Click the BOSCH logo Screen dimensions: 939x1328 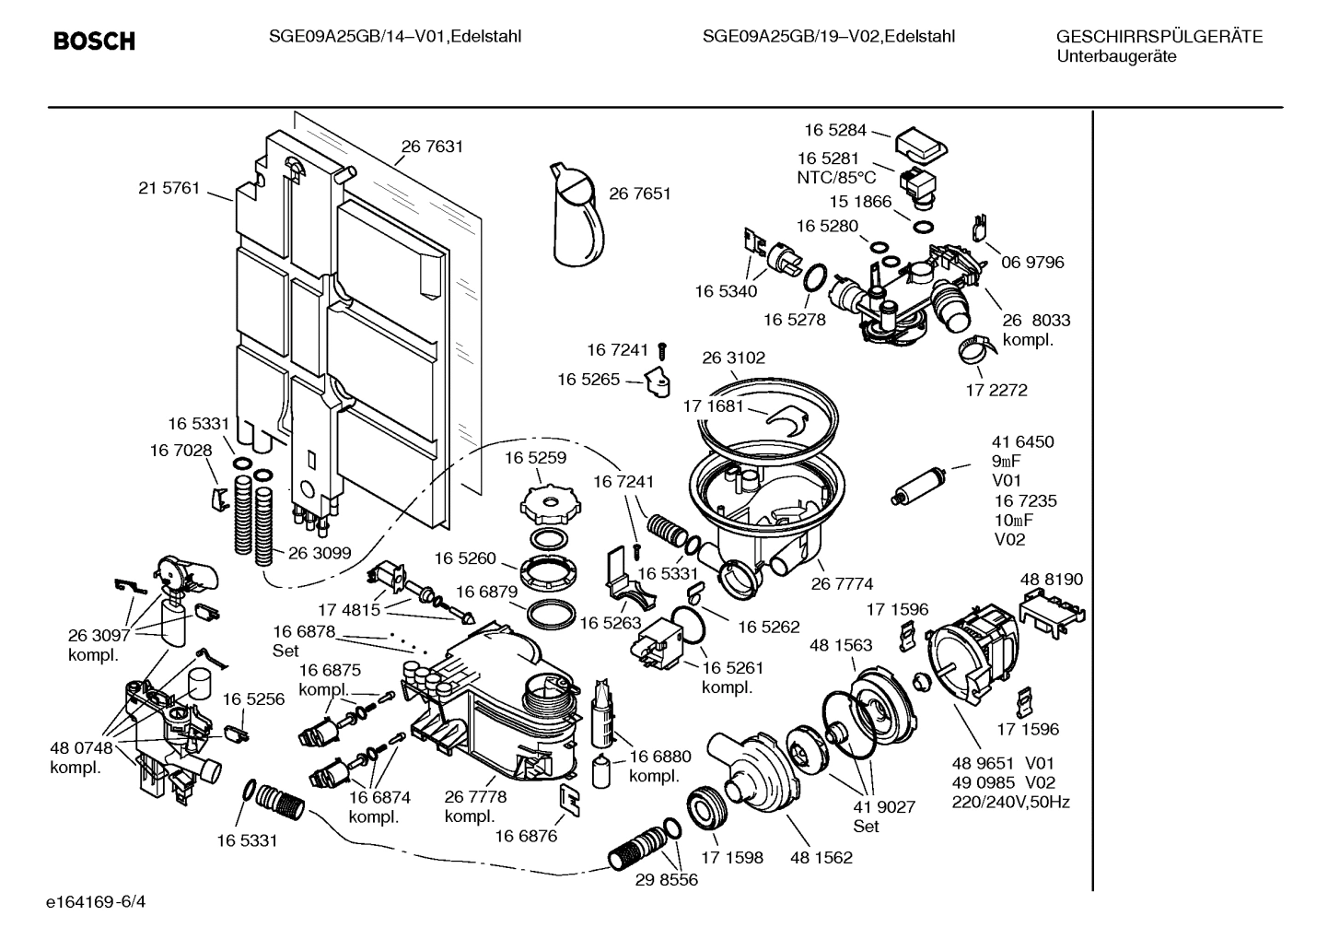tap(94, 41)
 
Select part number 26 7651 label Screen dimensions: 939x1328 tap(640, 194)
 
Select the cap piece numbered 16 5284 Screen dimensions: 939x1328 tap(922, 143)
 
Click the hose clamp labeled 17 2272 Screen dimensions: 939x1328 tap(975, 348)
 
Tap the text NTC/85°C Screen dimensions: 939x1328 tap(836, 178)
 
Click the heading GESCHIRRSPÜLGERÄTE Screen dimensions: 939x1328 tap(1159, 37)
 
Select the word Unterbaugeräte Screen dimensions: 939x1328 tap(1115, 56)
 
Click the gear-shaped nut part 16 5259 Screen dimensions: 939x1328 tap(547, 503)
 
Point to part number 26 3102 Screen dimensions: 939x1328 tap(734, 358)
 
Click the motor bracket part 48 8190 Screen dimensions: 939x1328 tap(1053, 610)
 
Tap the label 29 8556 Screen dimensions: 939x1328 tap(667, 879)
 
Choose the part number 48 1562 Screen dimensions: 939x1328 tap(821, 857)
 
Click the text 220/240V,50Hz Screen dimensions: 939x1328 tap(1010, 802)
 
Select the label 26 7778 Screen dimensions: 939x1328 tap(475, 797)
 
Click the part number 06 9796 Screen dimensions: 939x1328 tap(1032, 263)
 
